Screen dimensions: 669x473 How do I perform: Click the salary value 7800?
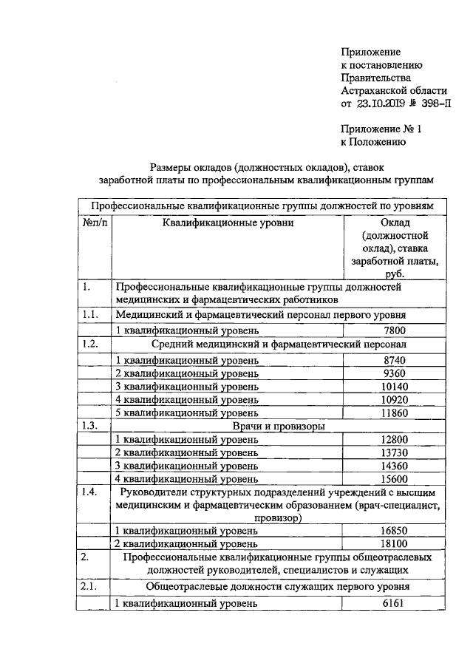pos(395,330)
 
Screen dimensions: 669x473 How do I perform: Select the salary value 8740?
pos(395,359)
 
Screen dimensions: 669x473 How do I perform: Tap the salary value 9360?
pos(395,373)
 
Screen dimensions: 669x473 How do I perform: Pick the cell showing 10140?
pos(395,387)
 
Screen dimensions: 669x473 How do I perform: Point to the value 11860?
pos(395,413)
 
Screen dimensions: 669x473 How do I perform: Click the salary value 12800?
pos(395,441)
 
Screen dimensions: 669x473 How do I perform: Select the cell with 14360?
pos(395,466)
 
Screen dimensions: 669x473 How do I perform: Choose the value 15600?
pos(395,480)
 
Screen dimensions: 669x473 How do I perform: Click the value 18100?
pos(395,543)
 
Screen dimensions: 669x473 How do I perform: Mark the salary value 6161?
pos(395,604)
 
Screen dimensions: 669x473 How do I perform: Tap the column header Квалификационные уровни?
pos(228,223)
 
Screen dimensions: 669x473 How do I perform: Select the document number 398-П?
pos(432,103)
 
